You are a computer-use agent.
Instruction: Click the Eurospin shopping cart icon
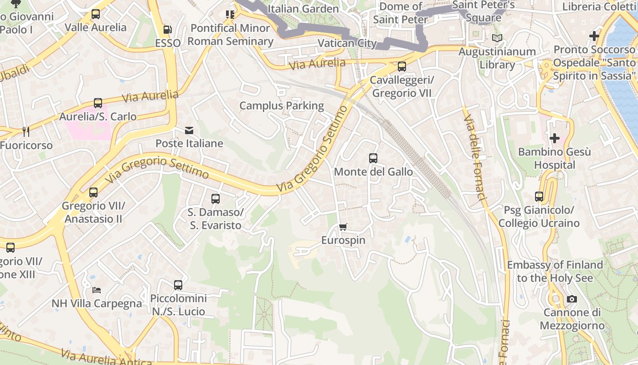(x=343, y=227)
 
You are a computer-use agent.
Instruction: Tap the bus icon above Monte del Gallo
(x=373, y=158)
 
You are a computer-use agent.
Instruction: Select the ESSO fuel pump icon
(x=168, y=30)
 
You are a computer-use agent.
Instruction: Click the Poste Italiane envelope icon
(x=189, y=130)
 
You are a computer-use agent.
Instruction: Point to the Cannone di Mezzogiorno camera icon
(x=572, y=299)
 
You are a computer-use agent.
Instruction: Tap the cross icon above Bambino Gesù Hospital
(x=555, y=138)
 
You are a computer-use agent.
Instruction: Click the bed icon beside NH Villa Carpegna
(x=97, y=290)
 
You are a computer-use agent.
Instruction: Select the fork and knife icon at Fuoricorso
(x=26, y=132)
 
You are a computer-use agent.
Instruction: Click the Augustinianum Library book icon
(x=497, y=38)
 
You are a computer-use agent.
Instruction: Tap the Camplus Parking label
(x=282, y=106)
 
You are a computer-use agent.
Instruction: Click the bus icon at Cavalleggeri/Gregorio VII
(x=402, y=67)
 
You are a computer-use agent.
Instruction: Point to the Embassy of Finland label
(x=555, y=271)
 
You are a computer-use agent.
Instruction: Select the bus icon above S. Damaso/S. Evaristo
(x=216, y=199)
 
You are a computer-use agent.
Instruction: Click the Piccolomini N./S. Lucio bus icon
(x=178, y=285)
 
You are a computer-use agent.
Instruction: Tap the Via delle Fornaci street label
(x=474, y=157)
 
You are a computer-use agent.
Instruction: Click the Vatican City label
(x=347, y=43)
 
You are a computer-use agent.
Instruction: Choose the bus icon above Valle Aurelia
(x=96, y=14)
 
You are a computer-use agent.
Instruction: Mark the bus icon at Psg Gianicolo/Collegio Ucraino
(x=539, y=197)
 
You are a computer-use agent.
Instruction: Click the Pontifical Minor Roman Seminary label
(x=230, y=35)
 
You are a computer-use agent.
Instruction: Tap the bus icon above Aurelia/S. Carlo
(x=98, y=103)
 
